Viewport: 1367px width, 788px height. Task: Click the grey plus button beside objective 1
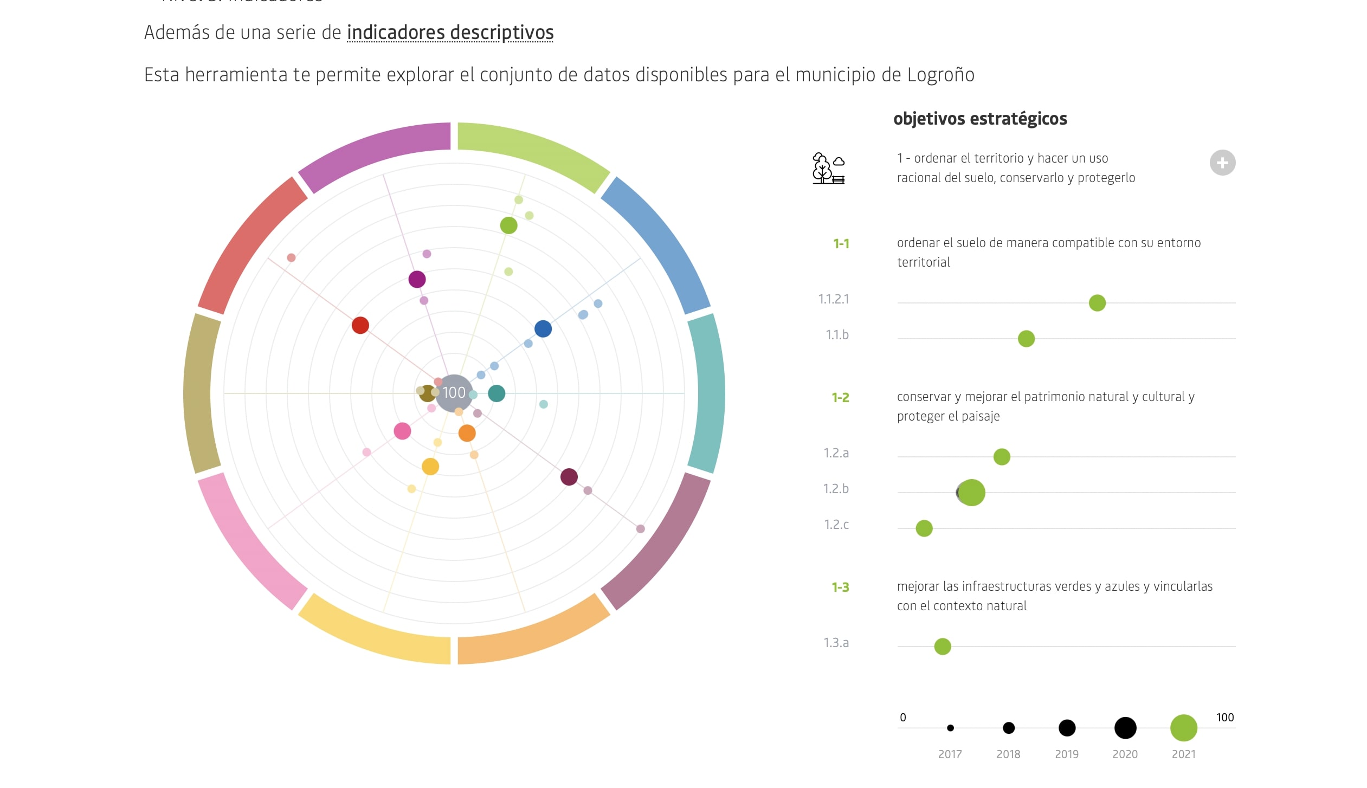[x=1222, y=163]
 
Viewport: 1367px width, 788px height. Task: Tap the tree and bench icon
[x=828, y=169]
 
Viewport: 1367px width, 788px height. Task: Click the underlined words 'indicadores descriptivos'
[x=450, y=33]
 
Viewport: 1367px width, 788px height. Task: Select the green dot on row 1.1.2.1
[x=1097, y=303]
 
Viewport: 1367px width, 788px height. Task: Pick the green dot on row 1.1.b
[x=1026, y=339]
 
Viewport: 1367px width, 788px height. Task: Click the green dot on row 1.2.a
[x=1002, y=457]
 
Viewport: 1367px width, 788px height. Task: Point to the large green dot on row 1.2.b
[x=971, y=493]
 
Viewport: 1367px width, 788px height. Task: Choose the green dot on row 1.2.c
[x=924, y=528]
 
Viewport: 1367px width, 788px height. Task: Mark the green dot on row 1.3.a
[x=943, y=647]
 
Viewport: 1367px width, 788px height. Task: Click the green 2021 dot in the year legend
[x=1183, y=728]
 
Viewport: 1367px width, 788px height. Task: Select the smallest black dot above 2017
[x=950, y=728]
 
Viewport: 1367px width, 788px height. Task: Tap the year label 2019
[x=1067, y=754]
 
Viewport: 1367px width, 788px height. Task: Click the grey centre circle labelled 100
[x=454, y=393]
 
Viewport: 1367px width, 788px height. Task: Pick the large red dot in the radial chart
[x=360, y=325]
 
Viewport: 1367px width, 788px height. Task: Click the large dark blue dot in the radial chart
[x=543, y=328]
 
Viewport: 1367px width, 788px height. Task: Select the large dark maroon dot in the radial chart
[x=569, y=477]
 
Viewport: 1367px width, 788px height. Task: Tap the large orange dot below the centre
[x=467, y=433]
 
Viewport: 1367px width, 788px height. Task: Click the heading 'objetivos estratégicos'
[x=980, y=119]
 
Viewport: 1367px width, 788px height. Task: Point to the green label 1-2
[x=840, y=397]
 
